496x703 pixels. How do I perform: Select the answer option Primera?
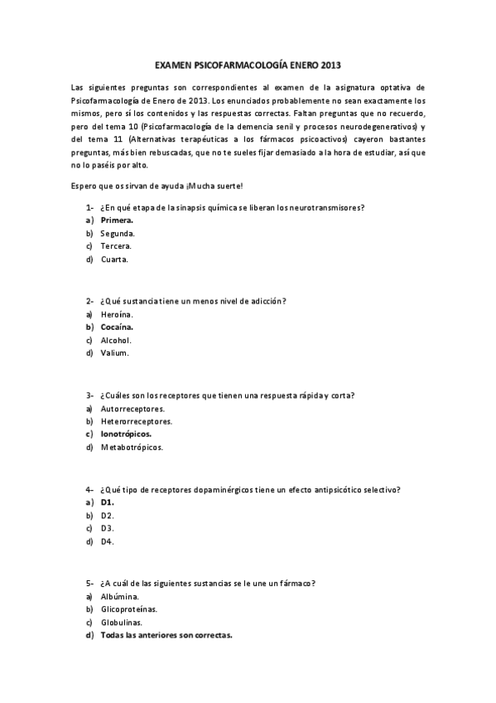tap(117, 221)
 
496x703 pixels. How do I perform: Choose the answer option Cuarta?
tap(114, 259)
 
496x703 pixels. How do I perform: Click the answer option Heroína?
tap(117, 314)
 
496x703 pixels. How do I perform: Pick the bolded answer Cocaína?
tap(117, 327)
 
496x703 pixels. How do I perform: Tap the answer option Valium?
tap(115, 353)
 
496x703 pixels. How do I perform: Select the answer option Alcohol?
tap(116, 340)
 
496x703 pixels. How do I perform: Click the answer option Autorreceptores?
tap(132, 408)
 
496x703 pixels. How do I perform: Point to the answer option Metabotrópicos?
tap(132, 447)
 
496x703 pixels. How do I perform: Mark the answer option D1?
tap(107, 502)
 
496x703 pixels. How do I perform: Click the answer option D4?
tap(107, 541)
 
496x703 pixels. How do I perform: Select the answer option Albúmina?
tap(119, 596)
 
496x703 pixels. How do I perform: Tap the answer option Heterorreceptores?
tap(136, 421)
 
